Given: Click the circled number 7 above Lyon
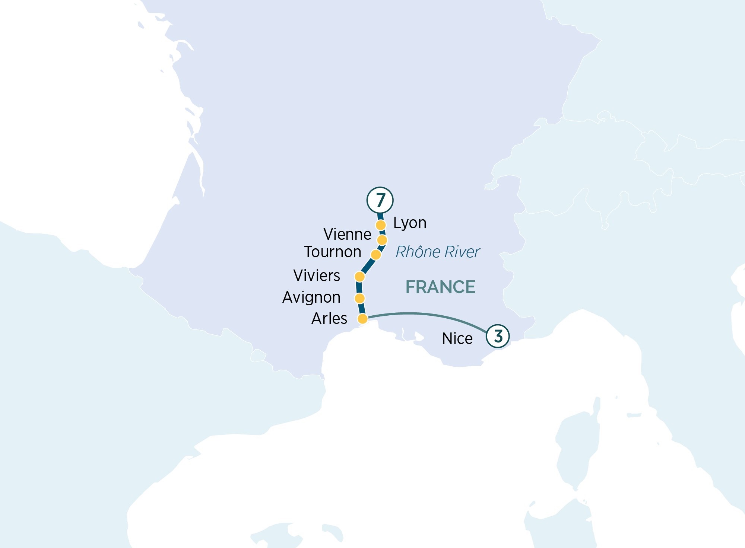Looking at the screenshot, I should click(380, 200).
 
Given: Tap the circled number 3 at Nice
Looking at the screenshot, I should click(498, 336).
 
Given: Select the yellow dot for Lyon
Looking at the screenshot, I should click(381, 225).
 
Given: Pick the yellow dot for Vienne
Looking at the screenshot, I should click(382, 240).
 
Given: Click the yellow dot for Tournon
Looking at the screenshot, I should click(376, 255).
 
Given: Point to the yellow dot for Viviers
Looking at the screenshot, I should click(359, 277).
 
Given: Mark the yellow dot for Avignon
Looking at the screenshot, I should click(359, 298).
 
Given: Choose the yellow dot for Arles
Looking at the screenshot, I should click(362, 319).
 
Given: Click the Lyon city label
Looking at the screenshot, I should click(410, 223).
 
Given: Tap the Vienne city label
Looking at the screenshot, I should click(347, 235).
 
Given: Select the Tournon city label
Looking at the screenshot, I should click(333, 252).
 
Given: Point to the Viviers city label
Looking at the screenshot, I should click(317, 276).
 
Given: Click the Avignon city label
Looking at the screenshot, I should click(311, 297).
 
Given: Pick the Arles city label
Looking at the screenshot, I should click(329, 319).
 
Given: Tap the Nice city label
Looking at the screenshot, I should click(457, 339).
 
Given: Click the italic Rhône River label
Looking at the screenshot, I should click(437, 252).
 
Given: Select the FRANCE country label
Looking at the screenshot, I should click(440, 287).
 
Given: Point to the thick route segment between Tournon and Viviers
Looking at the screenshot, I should click(368, 265).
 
